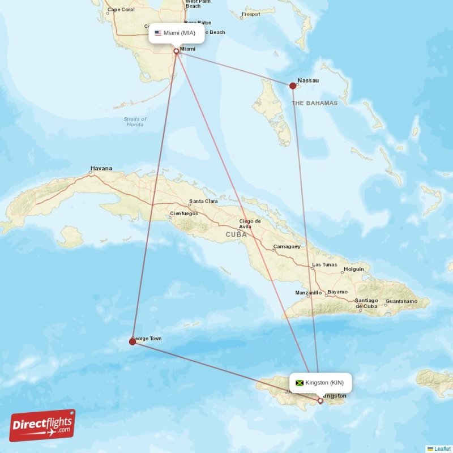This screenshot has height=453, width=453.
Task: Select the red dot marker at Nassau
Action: (x=293, y=86)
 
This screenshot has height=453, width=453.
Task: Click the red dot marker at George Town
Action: (x=133, y=341)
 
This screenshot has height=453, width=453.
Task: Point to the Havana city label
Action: (x=101, y=168)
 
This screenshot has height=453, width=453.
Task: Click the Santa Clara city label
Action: (x=203, y=201)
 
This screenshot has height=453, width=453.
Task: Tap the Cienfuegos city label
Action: (x=184, y=213)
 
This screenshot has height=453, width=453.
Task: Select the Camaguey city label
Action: (x=287, y=246)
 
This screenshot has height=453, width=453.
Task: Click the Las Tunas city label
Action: (x=324, y=264)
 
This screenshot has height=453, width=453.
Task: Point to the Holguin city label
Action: (x=354, y=269)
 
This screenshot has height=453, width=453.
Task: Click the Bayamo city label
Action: (x=337, y=292)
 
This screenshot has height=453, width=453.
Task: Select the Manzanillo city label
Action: (x=309, y=293)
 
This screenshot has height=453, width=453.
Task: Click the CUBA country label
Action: (x=236, y=234)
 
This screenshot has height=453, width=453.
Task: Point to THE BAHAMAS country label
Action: (x=314, y=103)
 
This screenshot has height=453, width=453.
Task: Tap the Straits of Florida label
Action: (x=135, y=122)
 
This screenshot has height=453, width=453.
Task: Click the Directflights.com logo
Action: (x=42, y=425)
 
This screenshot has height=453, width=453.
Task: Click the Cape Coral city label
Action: (x=121, y=10)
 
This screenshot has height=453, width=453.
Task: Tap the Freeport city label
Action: (x=251, y=14)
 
